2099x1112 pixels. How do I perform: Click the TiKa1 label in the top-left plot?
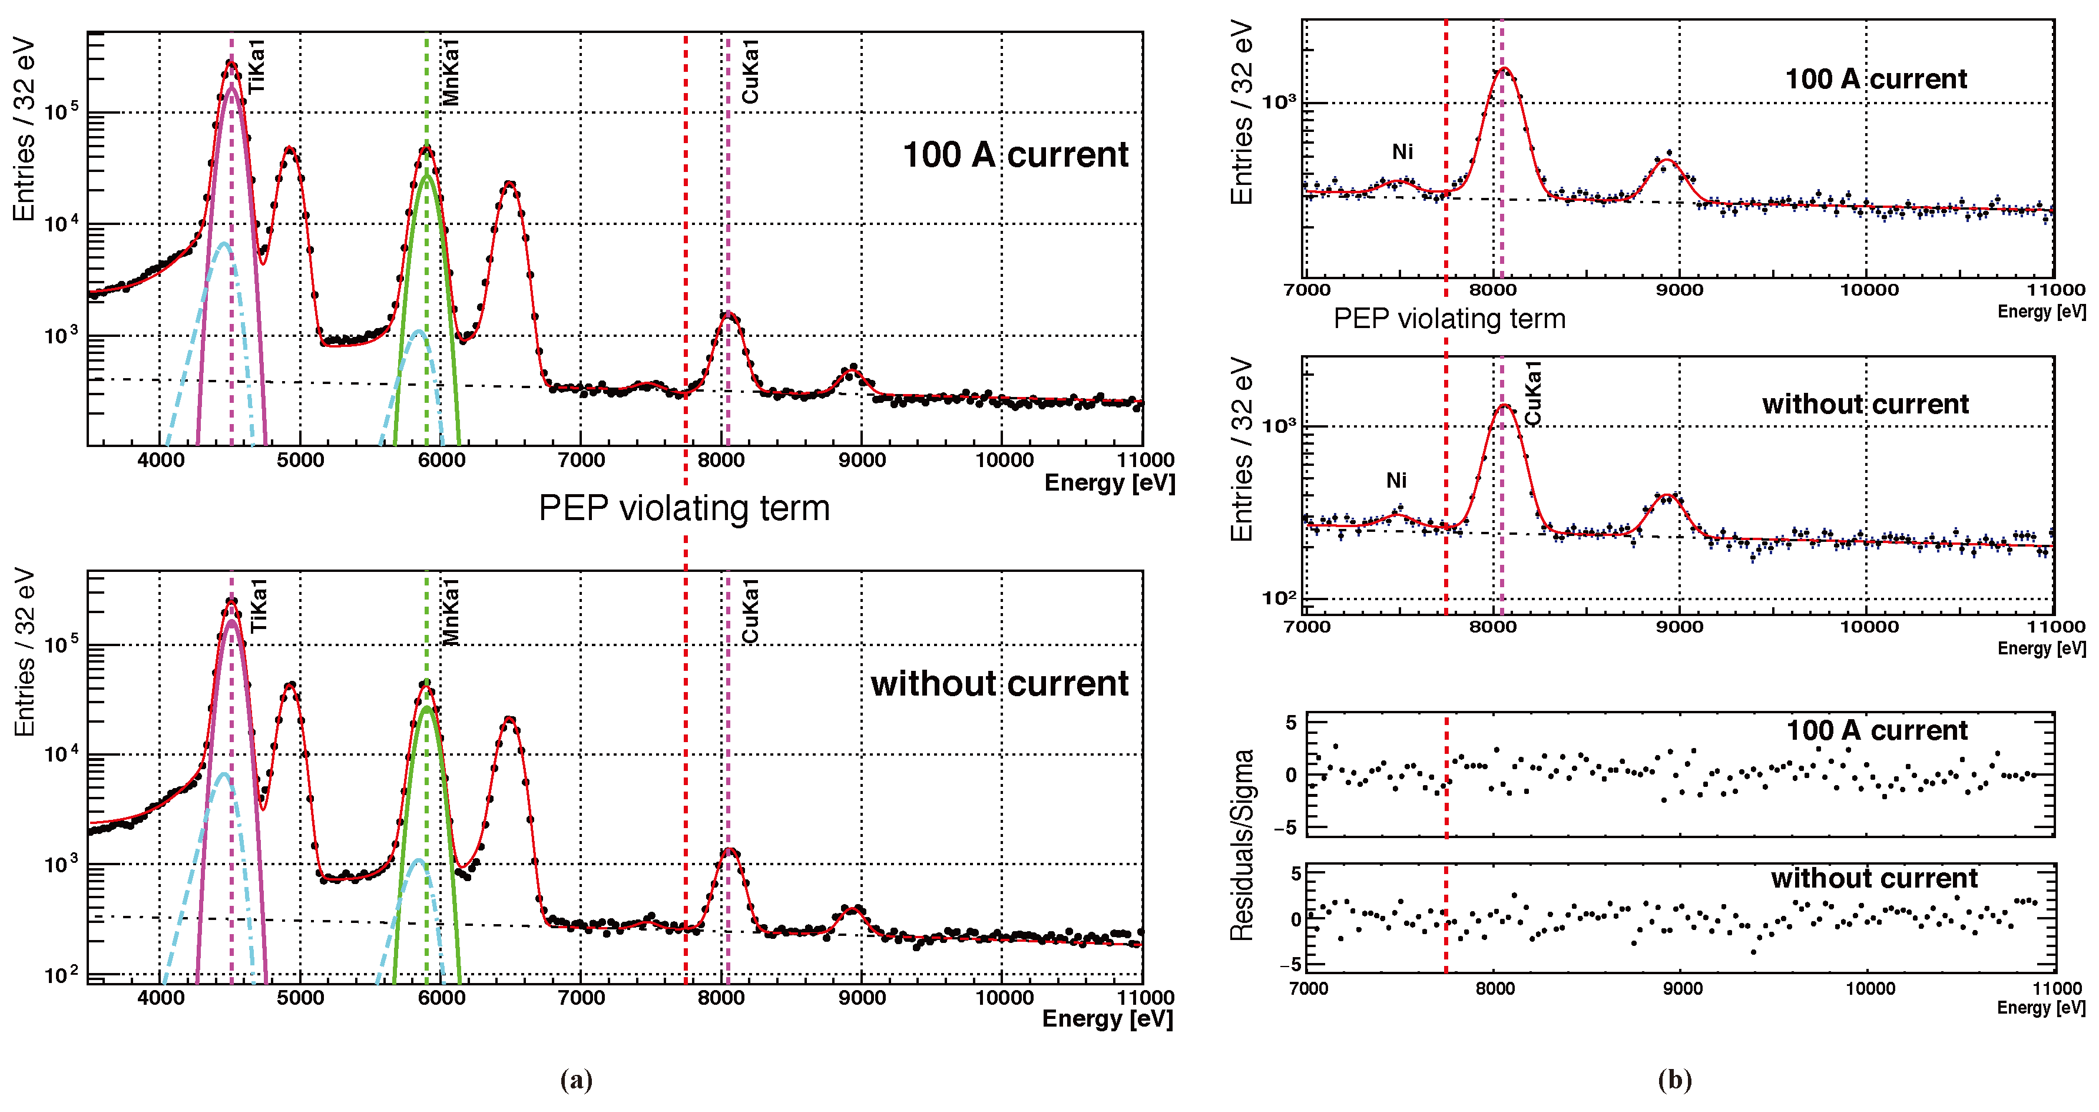click(x=257, y=66)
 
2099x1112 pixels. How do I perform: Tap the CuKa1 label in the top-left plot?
click(x=750, y=72)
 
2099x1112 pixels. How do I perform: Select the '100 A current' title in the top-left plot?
click(x=1015, y=155)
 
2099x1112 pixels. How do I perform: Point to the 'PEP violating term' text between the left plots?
click(x=684, y=508)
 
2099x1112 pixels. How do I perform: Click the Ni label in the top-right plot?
click(x=1402, y=151)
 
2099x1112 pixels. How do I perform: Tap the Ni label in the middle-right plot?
click(x=1396, y=481)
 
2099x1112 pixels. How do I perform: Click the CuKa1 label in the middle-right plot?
click(x=1532, y=393)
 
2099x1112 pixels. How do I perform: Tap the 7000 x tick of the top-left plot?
click(x=581, y=460)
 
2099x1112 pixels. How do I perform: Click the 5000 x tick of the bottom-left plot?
click(x=301, y=997)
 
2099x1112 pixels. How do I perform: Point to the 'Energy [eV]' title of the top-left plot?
click(x=1109, y=483)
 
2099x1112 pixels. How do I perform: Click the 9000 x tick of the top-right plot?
click(x=1679, y=290)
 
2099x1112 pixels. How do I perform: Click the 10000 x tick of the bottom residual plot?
click(x=1870, y=988)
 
